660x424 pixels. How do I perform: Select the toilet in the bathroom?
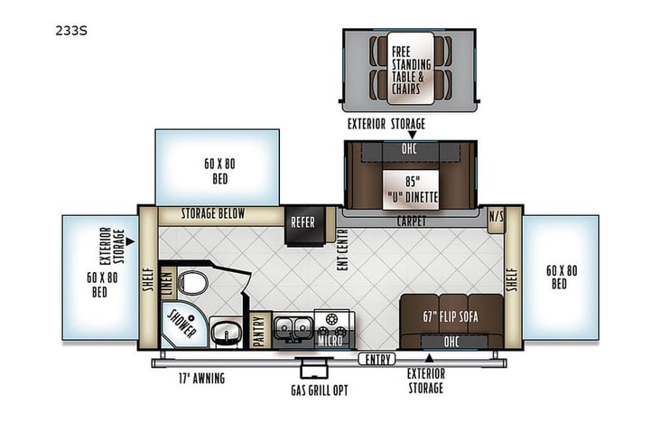pos(191,283)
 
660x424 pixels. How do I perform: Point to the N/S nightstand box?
pos(496,218)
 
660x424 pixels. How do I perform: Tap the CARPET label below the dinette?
pos(411,220)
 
